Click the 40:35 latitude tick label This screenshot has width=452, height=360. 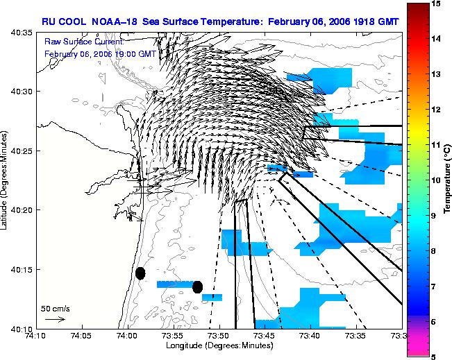(22, 33)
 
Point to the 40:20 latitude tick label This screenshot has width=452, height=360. (22, 210)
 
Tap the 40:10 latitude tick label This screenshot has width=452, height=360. (22, 329)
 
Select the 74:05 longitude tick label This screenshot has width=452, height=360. (83, 336)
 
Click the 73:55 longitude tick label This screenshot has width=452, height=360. (174, 336)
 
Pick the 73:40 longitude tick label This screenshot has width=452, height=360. (311, 336)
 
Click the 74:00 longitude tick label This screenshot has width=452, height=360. (128, 336)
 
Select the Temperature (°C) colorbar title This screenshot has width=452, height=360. (447, 180)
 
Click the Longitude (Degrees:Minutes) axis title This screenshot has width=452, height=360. (219, 345)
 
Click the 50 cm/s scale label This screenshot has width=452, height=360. (56, 309)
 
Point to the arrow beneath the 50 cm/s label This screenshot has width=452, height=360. (56, 319)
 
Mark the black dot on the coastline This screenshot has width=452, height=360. (140, 273)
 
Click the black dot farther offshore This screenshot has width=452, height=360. (197, 287)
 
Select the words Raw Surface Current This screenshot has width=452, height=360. (84, 42)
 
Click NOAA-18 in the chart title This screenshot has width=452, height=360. (114, 22)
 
